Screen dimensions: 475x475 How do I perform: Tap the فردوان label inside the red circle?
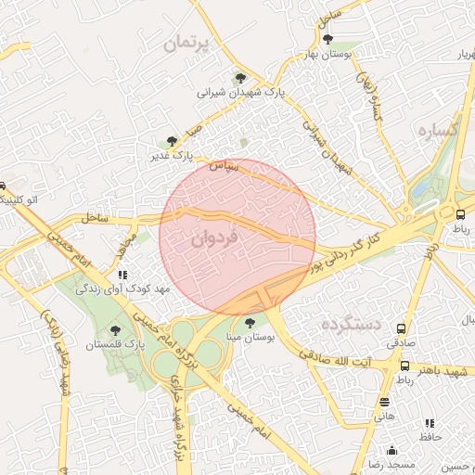[215, 237]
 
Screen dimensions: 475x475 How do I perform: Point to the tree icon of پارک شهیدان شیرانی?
[241, 78]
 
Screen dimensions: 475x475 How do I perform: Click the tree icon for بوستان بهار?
[328, 38]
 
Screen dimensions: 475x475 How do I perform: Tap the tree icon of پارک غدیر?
[172, 140]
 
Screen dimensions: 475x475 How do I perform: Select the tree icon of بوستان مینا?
[250, 322]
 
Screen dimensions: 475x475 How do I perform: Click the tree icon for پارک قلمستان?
[115, 329]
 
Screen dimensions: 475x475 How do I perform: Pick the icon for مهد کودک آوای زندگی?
[122, 275]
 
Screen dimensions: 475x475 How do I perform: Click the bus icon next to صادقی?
[402, 328]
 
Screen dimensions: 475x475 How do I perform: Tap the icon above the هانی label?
[384, 402]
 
